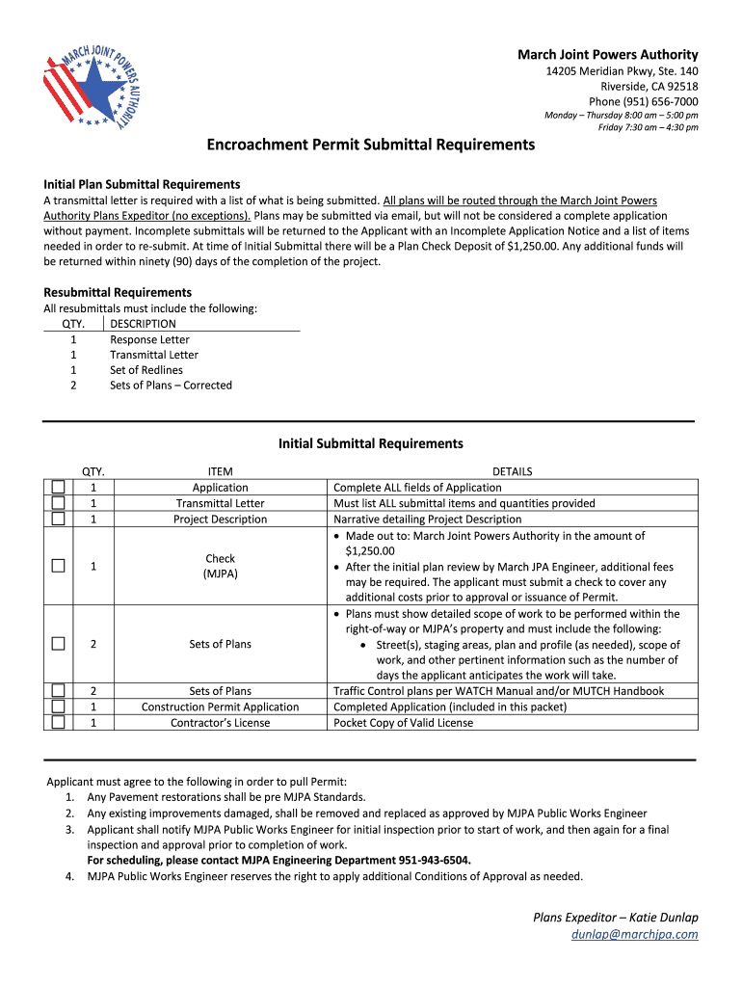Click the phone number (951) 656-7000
coord(644,102)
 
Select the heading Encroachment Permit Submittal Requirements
coord(371,145)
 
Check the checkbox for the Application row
coord(59,488)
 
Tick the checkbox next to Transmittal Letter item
coord(59,503)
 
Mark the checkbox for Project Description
coord(59,519)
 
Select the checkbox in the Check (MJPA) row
coord(59,566)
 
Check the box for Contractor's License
coord(59,722)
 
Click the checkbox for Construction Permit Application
coord(59,707)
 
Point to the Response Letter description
coord(149,339)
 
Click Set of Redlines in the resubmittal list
coord(146,370)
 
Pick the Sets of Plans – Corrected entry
coord(171,386)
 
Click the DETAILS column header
coord(512,471)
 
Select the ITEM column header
coord(220,471)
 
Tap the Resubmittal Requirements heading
coord(118,292)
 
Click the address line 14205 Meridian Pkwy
coord(623,72)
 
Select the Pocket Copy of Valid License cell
coord(403,722)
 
